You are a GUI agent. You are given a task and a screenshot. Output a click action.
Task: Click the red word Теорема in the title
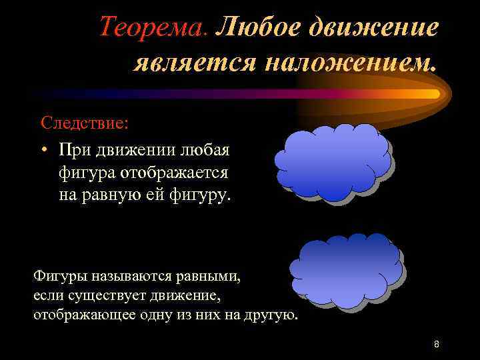click(153, 27)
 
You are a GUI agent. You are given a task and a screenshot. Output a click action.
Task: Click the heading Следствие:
click(84, 123)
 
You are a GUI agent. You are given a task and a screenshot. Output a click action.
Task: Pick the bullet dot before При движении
click(43, 148)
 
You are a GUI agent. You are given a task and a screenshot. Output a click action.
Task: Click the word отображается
click(175, 172)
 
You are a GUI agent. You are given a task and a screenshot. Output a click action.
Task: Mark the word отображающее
click(76, 314)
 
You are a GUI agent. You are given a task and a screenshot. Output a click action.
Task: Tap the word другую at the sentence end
click(270, 314)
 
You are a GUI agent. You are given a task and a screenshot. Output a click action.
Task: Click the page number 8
click(436, 344)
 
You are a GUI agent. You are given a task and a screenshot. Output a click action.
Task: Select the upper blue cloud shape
click(333, 162)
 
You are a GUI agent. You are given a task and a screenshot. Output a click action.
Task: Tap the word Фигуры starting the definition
click(57, 275)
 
